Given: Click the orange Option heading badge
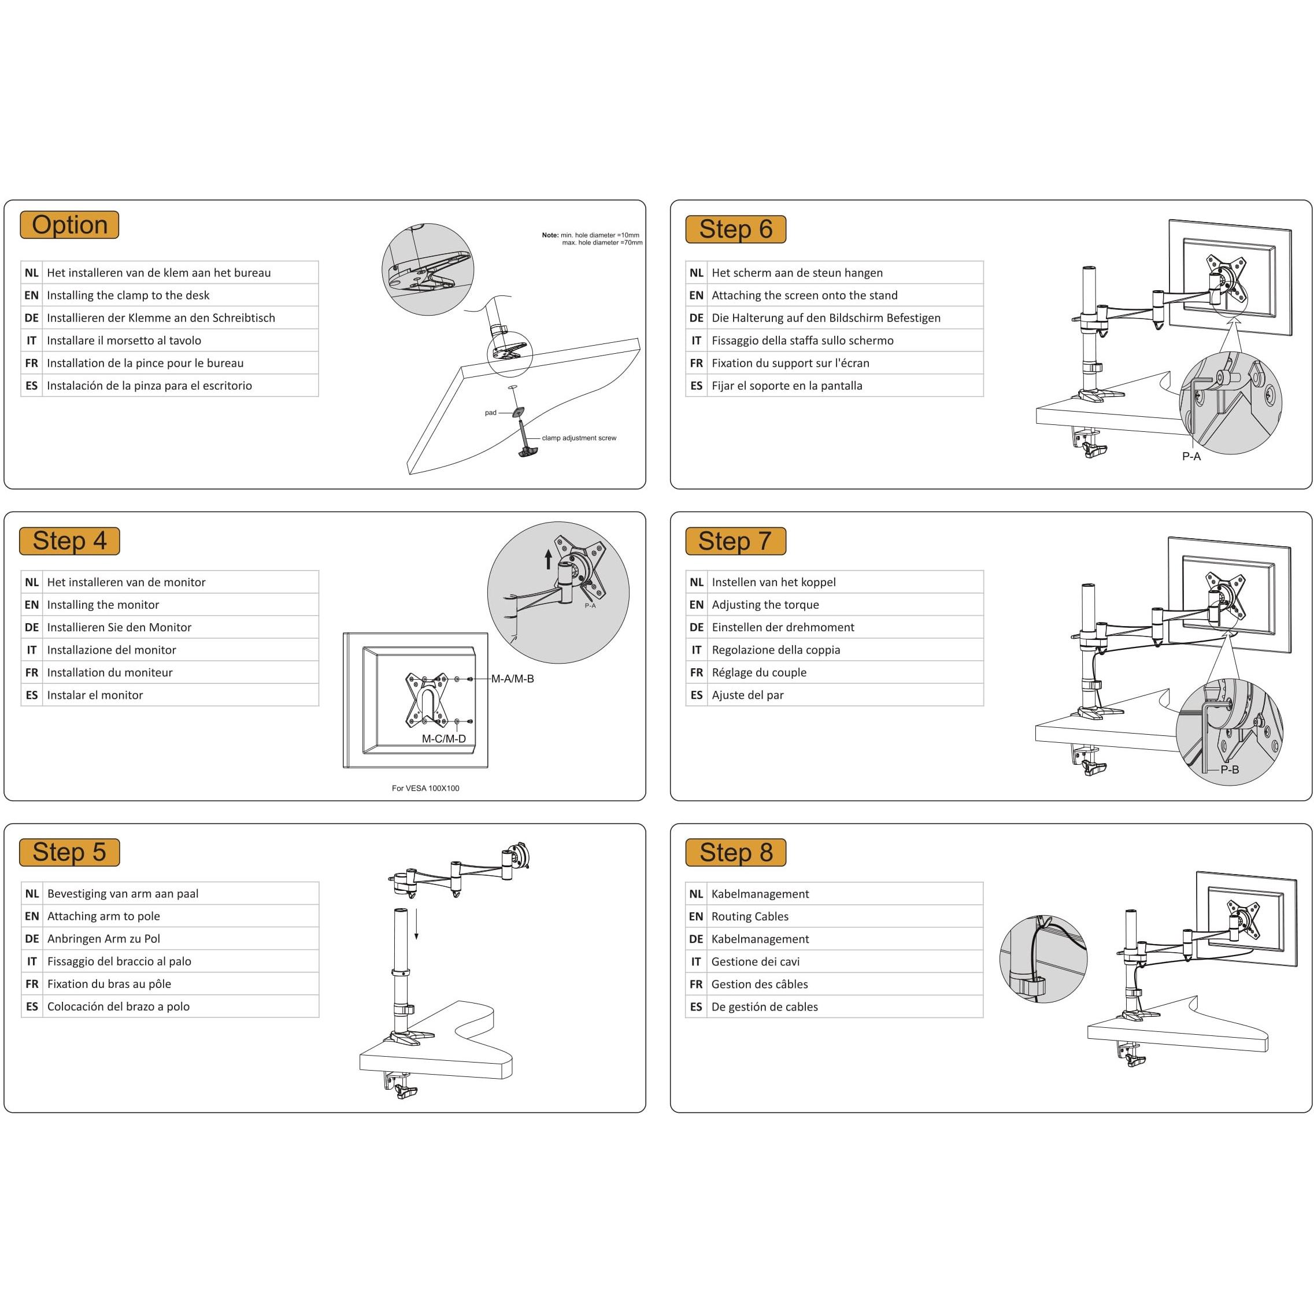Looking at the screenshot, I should pos(69,225).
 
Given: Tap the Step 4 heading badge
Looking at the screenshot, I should pos(69,541).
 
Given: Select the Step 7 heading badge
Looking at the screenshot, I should pos(735,541).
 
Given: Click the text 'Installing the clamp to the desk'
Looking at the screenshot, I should pos(128,295).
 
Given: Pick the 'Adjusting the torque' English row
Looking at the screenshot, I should pos(765,605).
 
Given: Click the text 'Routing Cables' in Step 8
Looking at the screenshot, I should pos(750,916).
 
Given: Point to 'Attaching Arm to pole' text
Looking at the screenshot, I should pos(103,916).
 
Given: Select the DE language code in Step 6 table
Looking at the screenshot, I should pos(696,317).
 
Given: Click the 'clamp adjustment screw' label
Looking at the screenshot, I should pos(579,438).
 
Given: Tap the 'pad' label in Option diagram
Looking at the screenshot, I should pos(490,413).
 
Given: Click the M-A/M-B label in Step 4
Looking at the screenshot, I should pos(512,679).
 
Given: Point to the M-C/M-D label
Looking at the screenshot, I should pos(443,739).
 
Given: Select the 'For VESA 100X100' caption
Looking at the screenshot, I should pos(425,789).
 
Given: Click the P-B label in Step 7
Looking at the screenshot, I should pos(1229,770).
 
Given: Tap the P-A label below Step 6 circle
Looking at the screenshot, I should pos(1191,456).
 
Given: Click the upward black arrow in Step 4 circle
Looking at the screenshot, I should pos(548,559).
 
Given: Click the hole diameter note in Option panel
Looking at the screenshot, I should pos(592,239).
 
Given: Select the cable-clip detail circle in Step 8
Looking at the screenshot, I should pos(1043,959).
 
